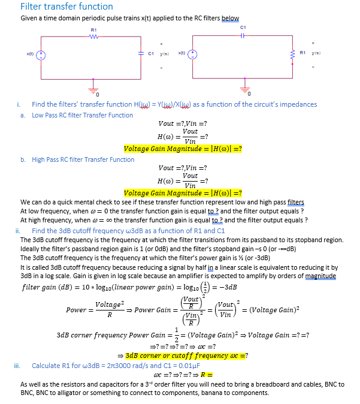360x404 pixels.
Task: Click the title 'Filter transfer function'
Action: tap(66, 7)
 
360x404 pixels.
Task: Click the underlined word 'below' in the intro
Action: tap(230, 19)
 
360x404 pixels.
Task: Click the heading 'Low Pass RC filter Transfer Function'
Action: tap(83, 115)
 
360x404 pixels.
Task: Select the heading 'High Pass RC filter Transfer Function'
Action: tap(83, 159)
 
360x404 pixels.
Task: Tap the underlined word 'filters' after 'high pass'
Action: tap(296, 203)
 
